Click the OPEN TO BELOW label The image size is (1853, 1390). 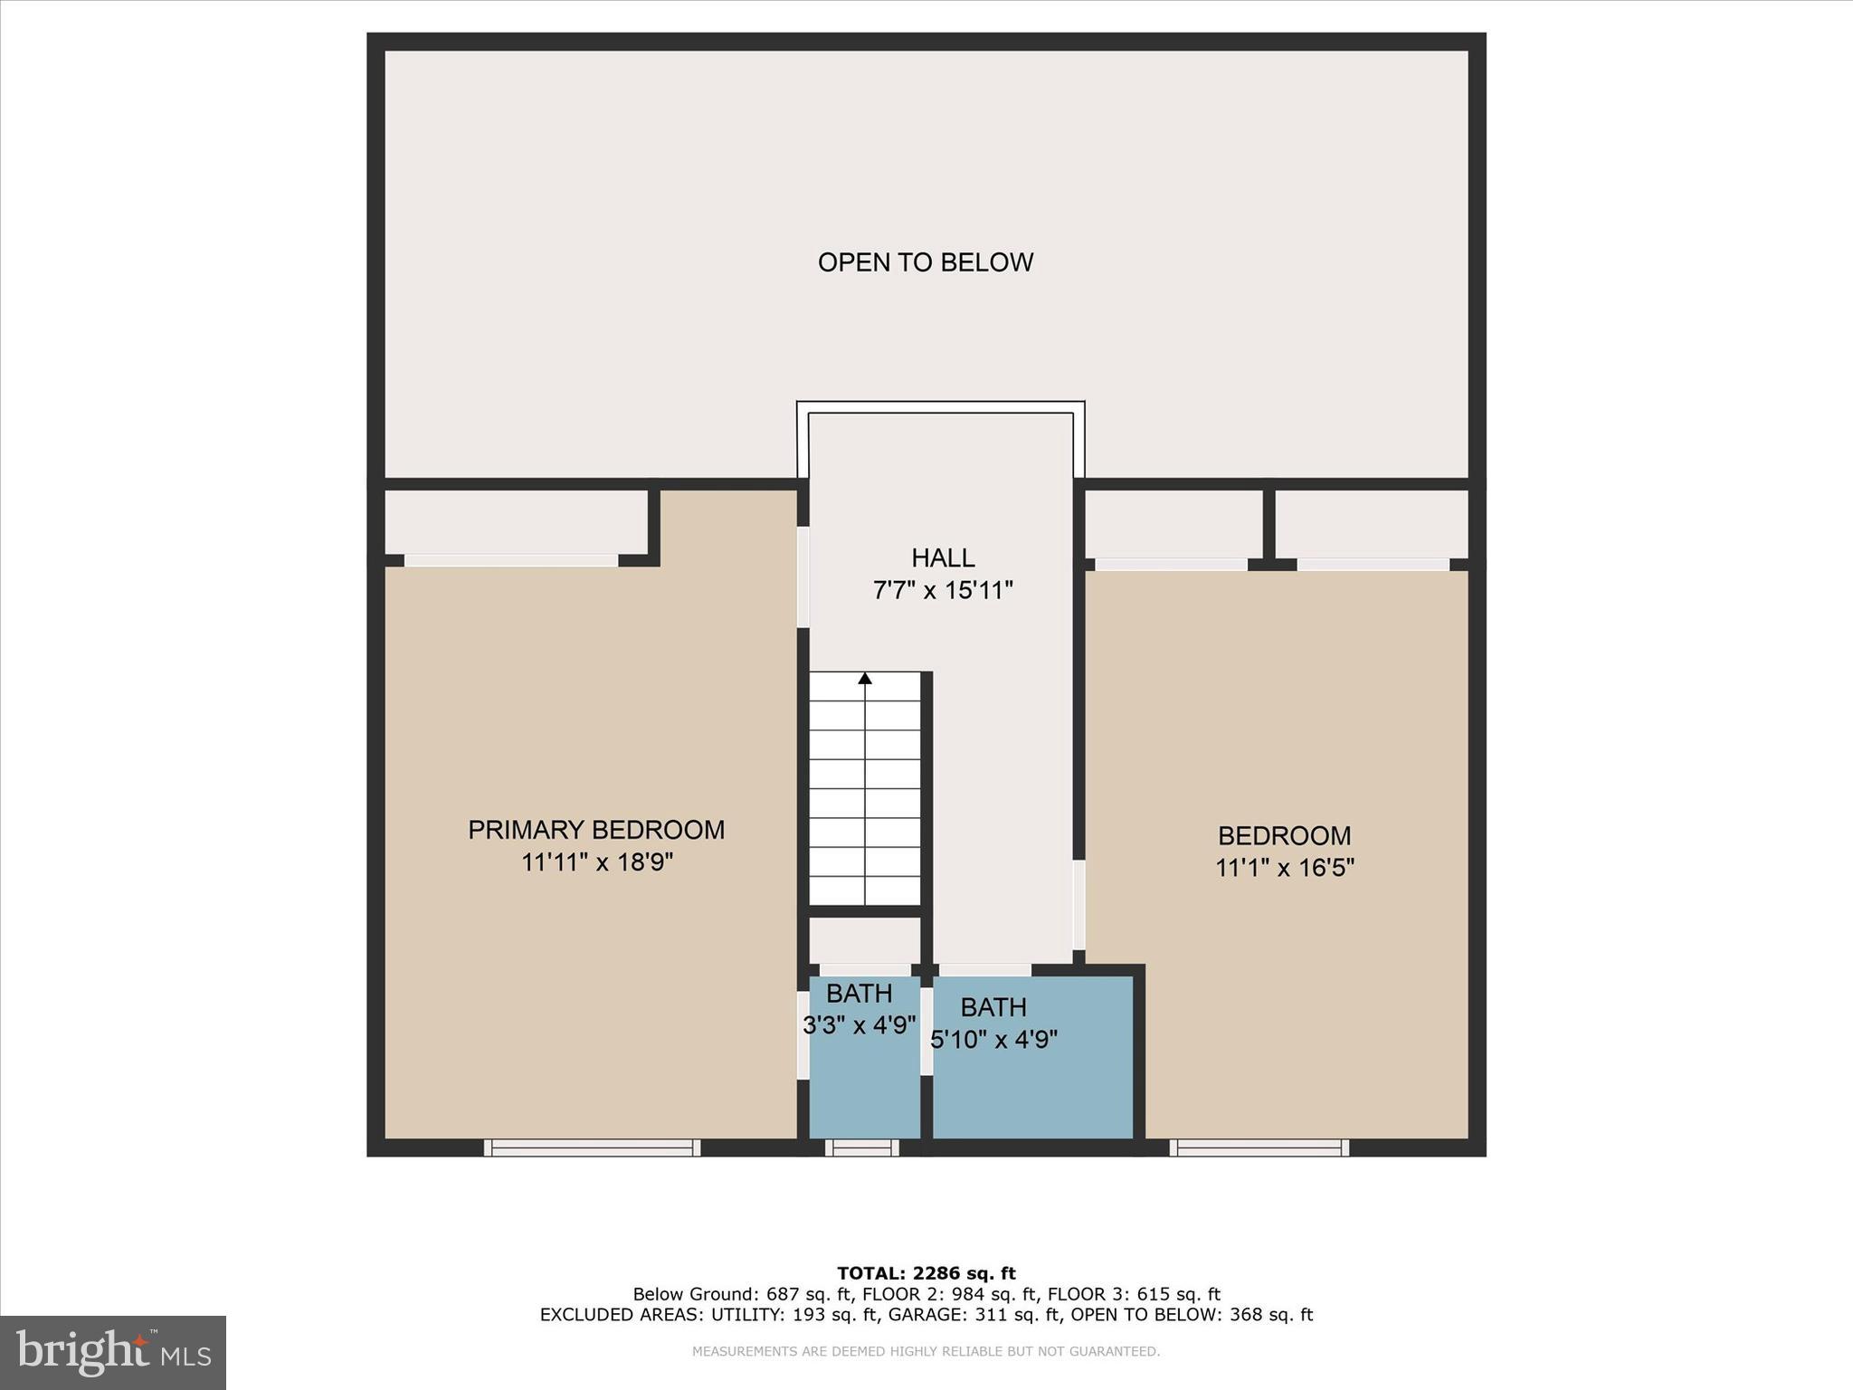(x=925, y=262)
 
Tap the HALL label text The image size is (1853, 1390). (x=943, y=557)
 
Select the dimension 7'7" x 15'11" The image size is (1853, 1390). (x=943, y=591)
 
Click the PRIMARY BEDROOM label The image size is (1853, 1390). (x=595, y=830)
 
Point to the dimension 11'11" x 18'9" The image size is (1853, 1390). (x=597, y=862)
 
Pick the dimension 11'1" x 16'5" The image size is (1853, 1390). (x=1284, y=868)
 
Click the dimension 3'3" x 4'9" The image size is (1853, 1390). (x=860, y=1025)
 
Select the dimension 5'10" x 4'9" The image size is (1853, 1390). (x=993, y=1040)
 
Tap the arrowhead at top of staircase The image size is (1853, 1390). (x=865, y=678)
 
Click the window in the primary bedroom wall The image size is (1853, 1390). (x=592, y=1147)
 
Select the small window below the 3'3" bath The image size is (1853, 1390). (x=861, y=1147)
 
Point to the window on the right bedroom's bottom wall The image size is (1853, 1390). (x=1259, y=1147)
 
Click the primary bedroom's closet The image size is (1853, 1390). (x=516, y=522)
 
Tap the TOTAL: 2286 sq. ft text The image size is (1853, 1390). (x=926, y=1273)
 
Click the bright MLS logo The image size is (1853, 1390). (x=113, y=1352)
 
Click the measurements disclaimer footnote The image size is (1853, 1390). (x=926, y=1351)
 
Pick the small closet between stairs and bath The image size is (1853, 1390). (x=864, y=939)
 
